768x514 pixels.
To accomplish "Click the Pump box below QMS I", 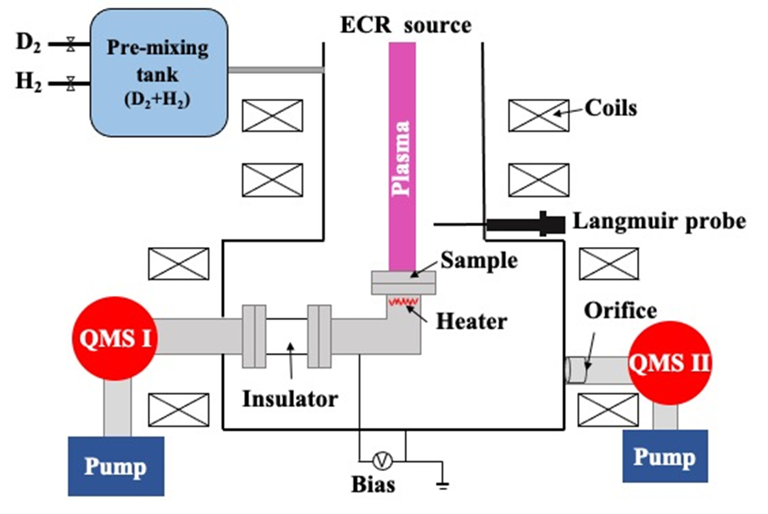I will point(116,466).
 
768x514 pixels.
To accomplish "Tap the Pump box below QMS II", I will point(665,456).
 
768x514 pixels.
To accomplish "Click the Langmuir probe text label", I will point(659,221).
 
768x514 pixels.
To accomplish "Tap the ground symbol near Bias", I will point(443,485).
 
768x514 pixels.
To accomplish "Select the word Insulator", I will point(290,397).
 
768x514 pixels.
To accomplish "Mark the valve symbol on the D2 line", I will point(70,45).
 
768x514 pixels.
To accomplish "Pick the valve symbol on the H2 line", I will point(70,83).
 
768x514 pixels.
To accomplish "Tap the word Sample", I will point(479,260).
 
